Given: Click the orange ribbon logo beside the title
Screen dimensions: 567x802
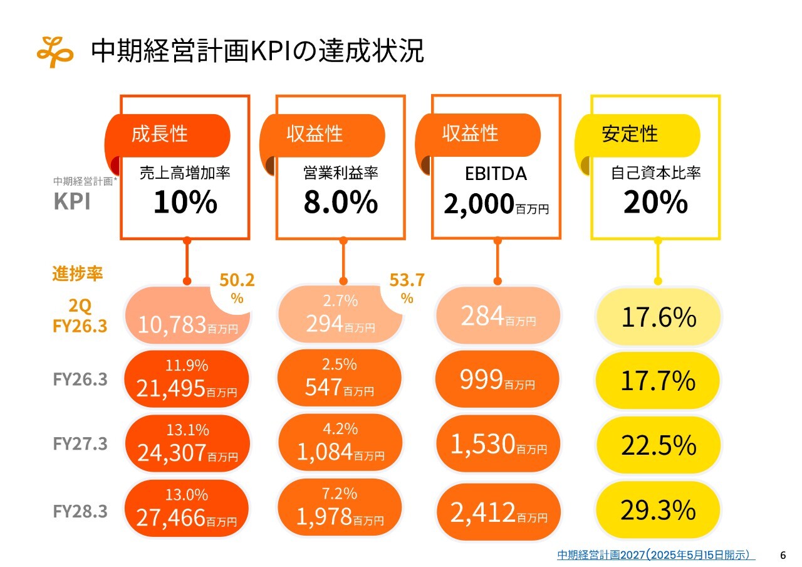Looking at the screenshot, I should click(x=55, y=52).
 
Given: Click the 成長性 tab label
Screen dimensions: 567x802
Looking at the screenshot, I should click(x=159, y=134).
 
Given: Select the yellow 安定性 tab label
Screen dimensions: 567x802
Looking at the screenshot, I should click(x=630, y=134).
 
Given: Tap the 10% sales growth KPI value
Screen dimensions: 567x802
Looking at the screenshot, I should click(x=185, y=203).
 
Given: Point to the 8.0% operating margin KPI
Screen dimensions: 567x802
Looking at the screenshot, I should click(x=341, y=203).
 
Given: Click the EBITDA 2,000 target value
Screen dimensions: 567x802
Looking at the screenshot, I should click(x=479, y=204).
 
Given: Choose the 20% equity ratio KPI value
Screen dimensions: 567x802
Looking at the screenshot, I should click(x=655, y=203).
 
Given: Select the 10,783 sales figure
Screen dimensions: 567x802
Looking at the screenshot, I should click(x=172, y=324).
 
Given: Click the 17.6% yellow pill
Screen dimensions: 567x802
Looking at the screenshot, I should click(x=659, y=317).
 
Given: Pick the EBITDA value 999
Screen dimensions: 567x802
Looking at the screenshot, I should click(x=481, y=379).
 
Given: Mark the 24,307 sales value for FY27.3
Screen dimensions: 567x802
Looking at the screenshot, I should click(x=172, y=453).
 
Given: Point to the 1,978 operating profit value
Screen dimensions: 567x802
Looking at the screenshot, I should click(x=324, y=517).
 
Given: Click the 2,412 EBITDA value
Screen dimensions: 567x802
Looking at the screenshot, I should click(x=482, y=513).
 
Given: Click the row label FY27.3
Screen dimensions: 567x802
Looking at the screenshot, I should click(x=80, y=444).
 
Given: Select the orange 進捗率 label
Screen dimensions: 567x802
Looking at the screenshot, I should click(x=78, y=274).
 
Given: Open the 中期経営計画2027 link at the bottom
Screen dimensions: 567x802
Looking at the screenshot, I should click(x=655, y=555).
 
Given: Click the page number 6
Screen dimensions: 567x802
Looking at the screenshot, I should click(x=783, y=555).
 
